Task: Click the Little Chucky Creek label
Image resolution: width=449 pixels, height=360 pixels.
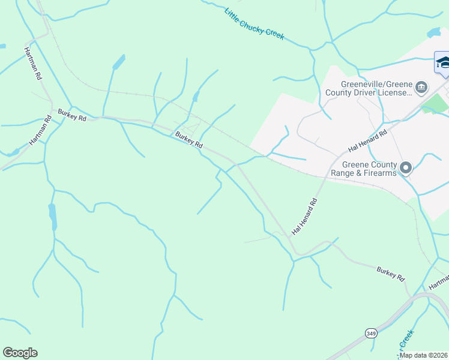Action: tap(254, 24)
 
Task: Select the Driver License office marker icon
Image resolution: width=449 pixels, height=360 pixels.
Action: tap(421, 88)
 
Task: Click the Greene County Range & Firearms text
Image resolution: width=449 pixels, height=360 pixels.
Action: tap(364, 169)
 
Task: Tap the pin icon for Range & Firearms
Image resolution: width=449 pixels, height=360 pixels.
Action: tap(406, 168)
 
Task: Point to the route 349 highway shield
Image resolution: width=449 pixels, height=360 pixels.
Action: tap(370, 332)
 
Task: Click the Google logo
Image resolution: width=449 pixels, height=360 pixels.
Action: tap(20, 353)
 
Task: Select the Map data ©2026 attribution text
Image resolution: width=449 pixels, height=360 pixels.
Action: tap(423, 355)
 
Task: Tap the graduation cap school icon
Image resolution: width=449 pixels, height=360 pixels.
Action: tap(442, 63)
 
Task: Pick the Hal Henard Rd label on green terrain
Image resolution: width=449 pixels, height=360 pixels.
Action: tap(304, 215)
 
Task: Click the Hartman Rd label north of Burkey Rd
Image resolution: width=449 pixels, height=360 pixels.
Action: tap(33, 64)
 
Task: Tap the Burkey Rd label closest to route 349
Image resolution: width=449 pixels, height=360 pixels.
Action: tap(391, 274)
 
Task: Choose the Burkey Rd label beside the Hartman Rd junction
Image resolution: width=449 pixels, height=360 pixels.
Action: tap(72, 115)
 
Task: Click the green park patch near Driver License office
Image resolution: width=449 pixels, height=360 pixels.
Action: tap(436, 103)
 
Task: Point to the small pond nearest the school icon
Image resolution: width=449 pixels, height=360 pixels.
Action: tap(433, 32)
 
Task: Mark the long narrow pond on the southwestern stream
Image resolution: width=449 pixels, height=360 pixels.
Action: tap(53, 216)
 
